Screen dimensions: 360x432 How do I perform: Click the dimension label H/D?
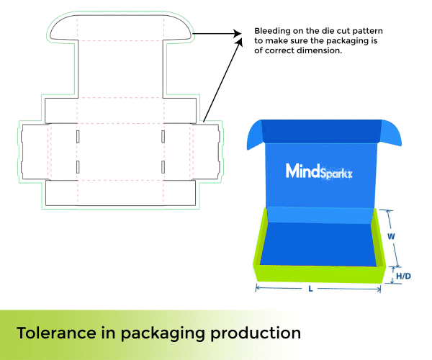[x=403, y=276]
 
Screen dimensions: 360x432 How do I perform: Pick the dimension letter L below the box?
[x=310, y=289]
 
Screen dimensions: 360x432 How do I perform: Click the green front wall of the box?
[x=317, y=274]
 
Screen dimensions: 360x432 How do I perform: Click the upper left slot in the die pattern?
[x=78, y=136]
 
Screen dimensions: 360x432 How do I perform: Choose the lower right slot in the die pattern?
[x=163, y=167]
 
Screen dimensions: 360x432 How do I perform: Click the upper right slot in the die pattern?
[x=163, y=136]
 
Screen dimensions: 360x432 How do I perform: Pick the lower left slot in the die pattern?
[x=78, y=167]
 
